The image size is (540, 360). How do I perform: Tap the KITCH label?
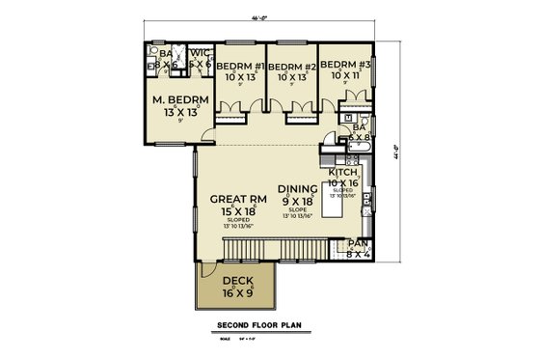coord(342,170)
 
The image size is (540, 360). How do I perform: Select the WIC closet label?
coord(200,55)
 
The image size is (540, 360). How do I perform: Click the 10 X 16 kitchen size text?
coord(343,181)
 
